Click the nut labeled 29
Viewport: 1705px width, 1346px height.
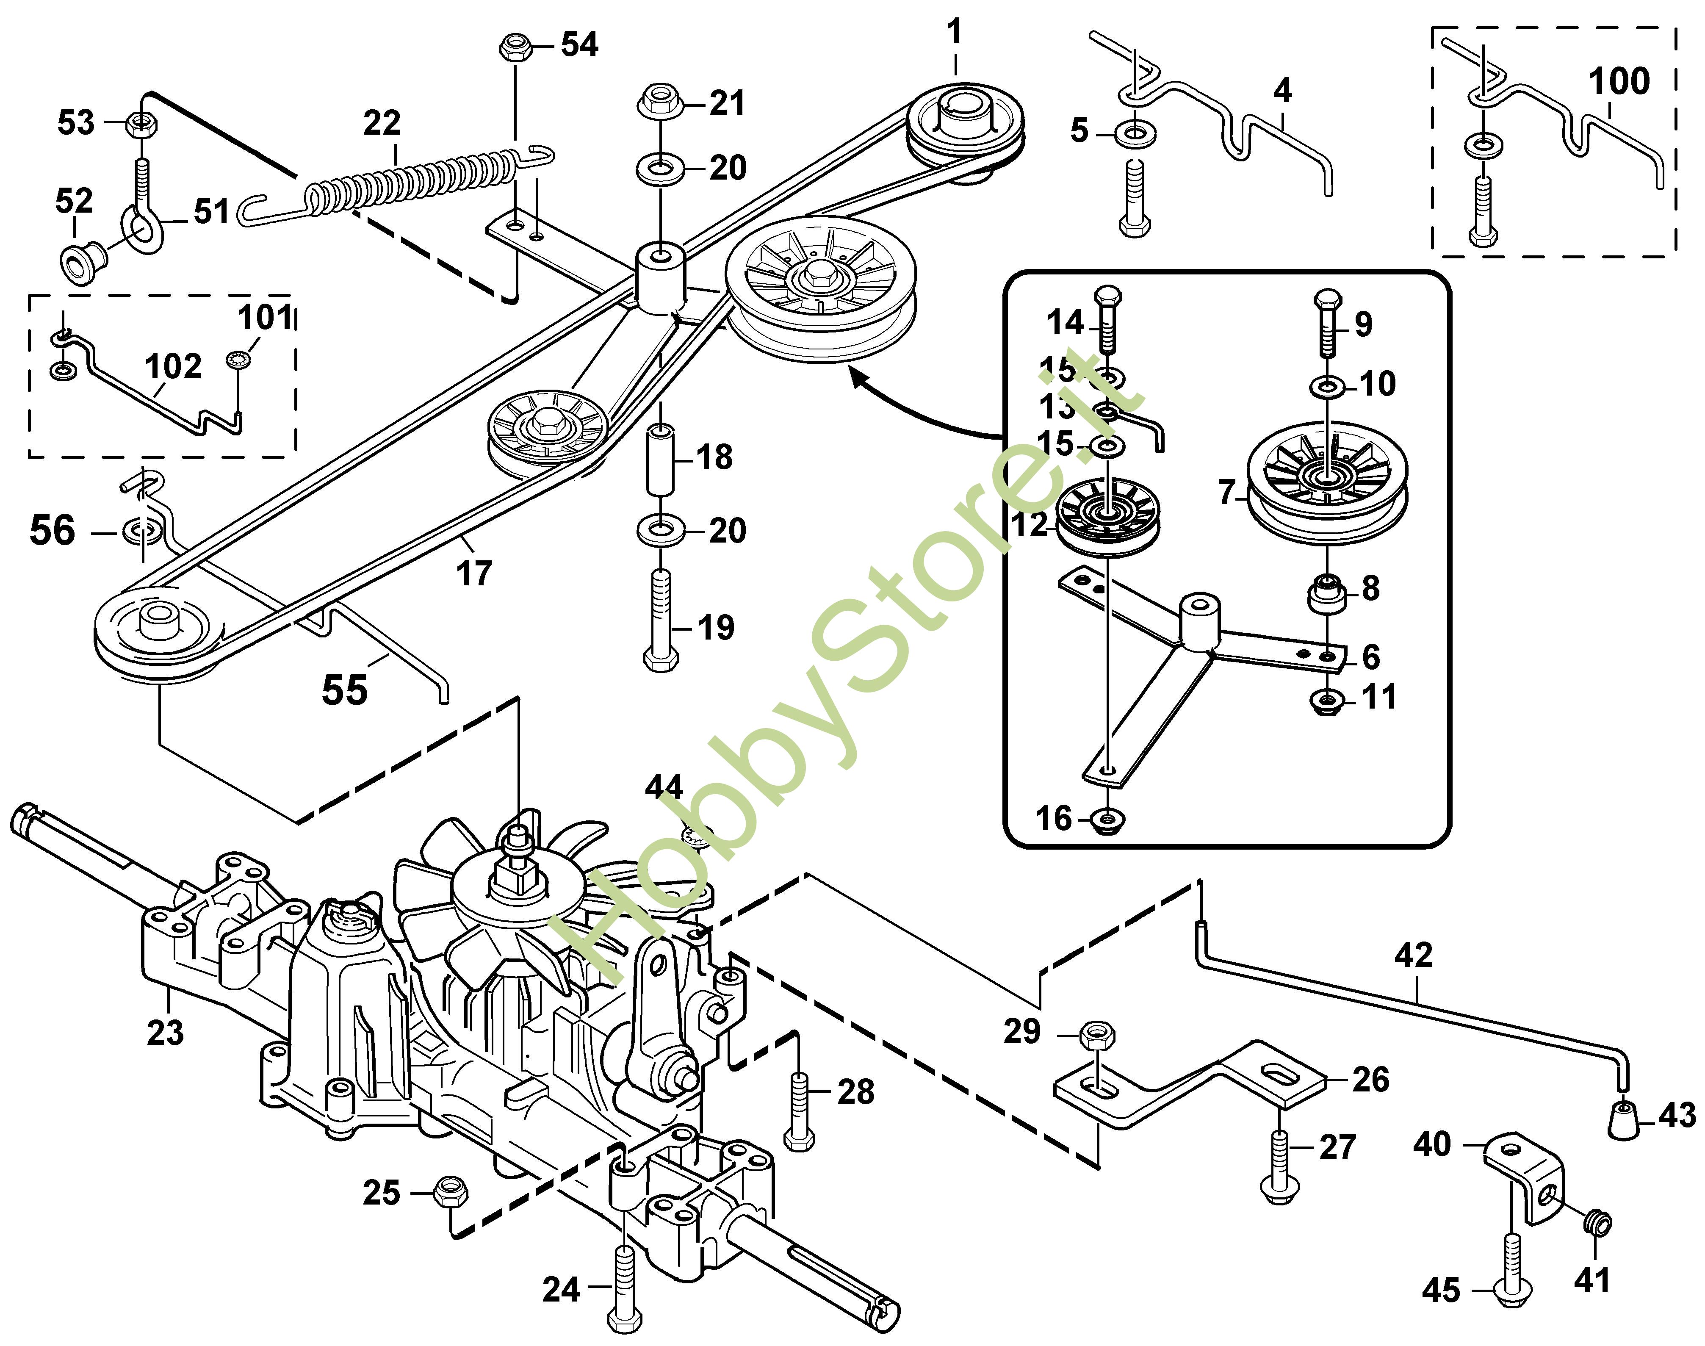1095,1034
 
